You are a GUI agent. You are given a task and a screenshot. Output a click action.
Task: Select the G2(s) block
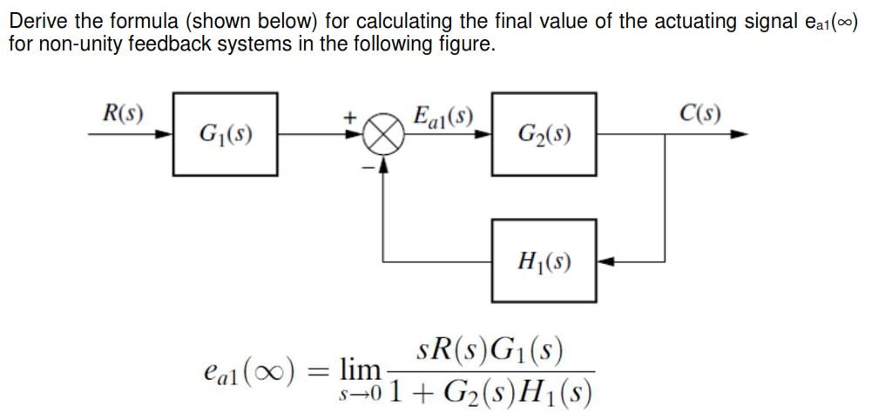click(544, 134)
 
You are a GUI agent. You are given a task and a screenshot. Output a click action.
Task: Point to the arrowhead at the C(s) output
click(740, 135)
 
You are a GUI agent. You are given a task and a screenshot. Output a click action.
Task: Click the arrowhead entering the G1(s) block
click(165, 135)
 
